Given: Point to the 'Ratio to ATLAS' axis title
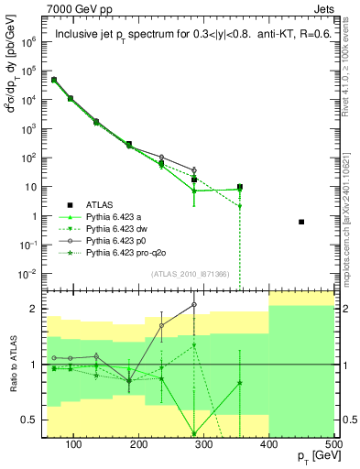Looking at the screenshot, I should (x=12, y=365).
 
